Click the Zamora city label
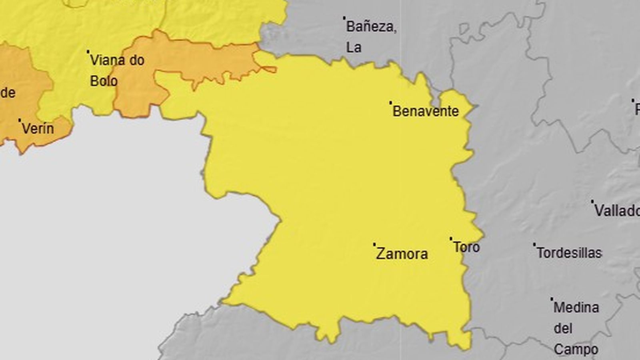(402, 254)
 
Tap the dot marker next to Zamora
(374, 244)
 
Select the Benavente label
(425, 111)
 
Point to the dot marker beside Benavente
(390, 102)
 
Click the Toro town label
(466, 247)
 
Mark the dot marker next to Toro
(451, 239)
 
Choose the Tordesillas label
(569, 253)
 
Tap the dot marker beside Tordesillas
(534, 244)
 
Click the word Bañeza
(371, 27)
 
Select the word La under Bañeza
(354, 48)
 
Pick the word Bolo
(104, 81)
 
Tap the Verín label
(38, 129)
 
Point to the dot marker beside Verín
(19, 120)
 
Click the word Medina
(576, 308)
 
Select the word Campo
(576, 350)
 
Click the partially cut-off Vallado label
(617, 211)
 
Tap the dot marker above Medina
(552, 299)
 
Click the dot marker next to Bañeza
(344, 18)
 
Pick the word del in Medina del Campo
(562, 329)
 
